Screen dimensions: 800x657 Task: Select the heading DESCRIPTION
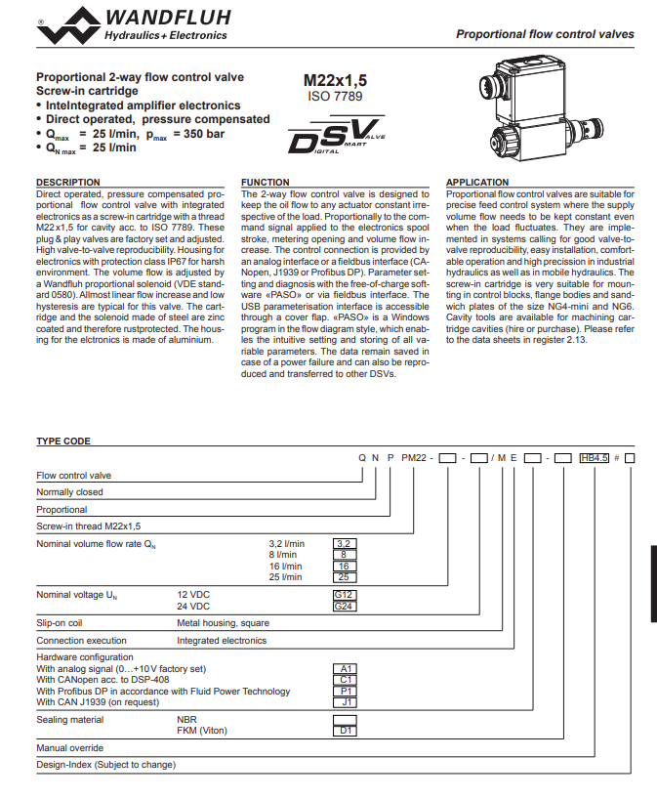(68, 183)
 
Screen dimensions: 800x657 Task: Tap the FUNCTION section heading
(266, 183)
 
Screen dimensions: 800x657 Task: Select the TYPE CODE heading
(63, 442)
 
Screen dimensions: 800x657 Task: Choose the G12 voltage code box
(344, 595)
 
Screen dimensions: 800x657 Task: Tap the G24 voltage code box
(344, 607)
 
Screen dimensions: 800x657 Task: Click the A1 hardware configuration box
(345, 669)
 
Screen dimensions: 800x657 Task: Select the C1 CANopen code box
(345, 680)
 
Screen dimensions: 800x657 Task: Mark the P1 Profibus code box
(345, 691)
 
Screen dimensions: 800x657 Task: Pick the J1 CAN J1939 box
(345, 701)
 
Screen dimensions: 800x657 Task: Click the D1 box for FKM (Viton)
(345, 731)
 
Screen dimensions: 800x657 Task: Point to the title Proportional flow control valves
(545, 34)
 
